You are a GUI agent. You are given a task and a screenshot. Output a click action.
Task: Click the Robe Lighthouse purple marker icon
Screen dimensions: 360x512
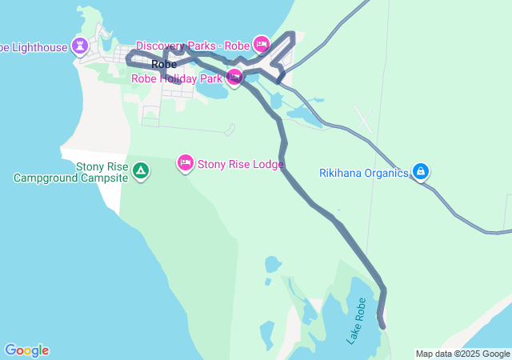(81, 46)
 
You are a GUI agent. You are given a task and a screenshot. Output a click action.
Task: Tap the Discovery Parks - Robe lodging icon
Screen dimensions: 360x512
(261, 43)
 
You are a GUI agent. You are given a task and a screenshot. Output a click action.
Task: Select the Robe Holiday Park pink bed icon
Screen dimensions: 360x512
(234, 78)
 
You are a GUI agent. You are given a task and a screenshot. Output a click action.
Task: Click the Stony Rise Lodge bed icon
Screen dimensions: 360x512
(186, 163)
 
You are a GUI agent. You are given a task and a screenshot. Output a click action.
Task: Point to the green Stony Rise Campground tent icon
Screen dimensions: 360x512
(141, 171)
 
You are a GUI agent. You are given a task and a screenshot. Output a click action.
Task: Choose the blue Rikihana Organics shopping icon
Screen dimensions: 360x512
(420, 171)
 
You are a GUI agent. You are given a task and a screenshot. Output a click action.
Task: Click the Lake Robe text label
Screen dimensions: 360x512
(357, 321)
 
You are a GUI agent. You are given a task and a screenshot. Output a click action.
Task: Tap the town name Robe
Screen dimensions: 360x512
(164, 64)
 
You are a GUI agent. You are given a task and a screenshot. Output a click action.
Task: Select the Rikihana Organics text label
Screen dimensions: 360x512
(364, 173)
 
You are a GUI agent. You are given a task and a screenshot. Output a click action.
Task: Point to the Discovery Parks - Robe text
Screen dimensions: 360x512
(193, 46)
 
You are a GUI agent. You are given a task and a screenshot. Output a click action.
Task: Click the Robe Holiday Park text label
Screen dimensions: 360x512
(177, 79)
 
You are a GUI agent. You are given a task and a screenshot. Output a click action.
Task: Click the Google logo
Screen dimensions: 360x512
(26, 350)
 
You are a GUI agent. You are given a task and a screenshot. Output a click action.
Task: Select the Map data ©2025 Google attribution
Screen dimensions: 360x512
(462, 354)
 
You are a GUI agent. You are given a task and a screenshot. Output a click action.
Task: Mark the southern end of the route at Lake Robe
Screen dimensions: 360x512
(382, 325)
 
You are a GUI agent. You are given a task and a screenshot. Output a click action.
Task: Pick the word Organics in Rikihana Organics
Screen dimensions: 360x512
(387, 173)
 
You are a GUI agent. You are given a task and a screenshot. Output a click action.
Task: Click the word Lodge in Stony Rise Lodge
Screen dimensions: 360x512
(267, 165)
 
